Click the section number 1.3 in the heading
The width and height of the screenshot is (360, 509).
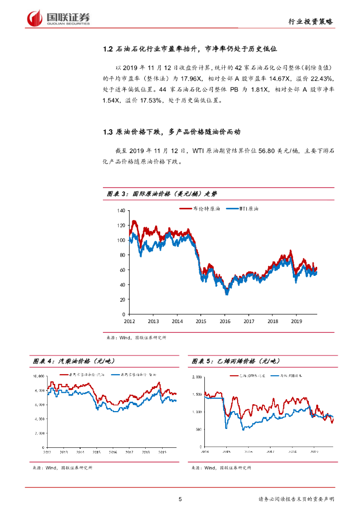[x=108, y=132]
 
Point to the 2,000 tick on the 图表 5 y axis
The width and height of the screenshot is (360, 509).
[x=197, y=377]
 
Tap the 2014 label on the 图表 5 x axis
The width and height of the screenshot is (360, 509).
[x=205, y=452]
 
